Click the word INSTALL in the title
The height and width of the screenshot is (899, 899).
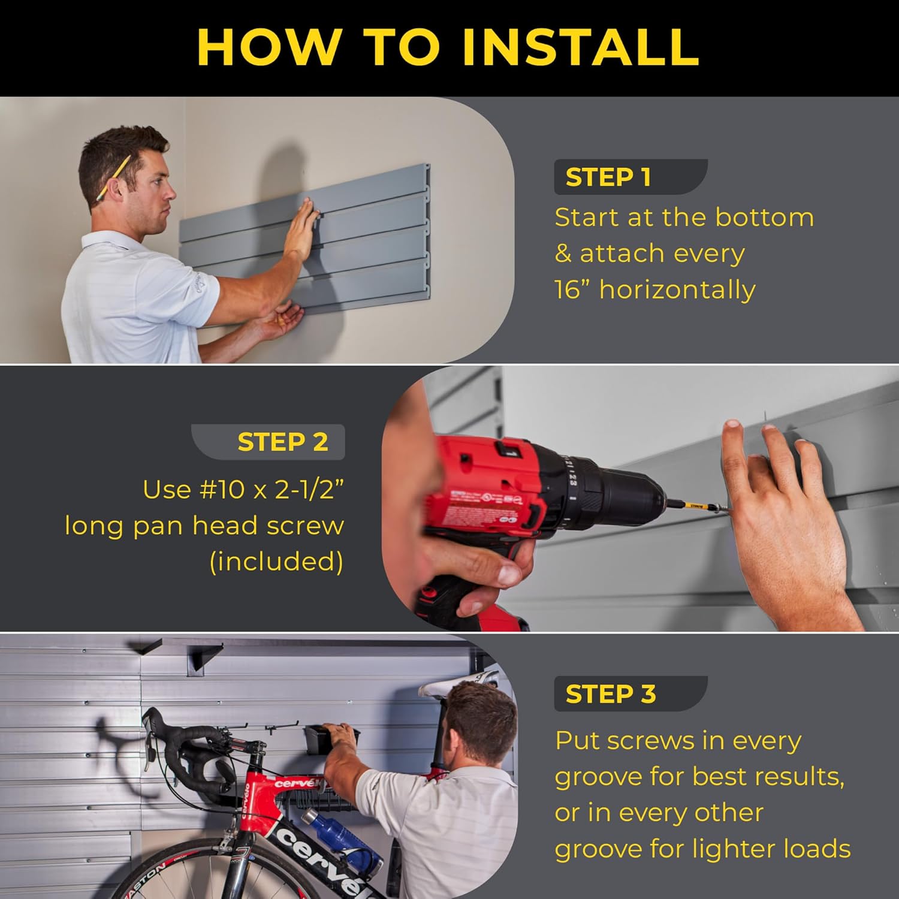coord(580,47)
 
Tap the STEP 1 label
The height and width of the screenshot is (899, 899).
coord(608,177)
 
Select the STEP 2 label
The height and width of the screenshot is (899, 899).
coord(283,442)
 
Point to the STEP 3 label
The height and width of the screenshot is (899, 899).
coord(610,694)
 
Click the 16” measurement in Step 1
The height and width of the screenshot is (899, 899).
coord(572,290)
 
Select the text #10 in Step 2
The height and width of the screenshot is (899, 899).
coord(219,490)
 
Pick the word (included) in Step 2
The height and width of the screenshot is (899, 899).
coord(276,562)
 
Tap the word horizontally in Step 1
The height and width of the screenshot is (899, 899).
coord(677,290)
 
